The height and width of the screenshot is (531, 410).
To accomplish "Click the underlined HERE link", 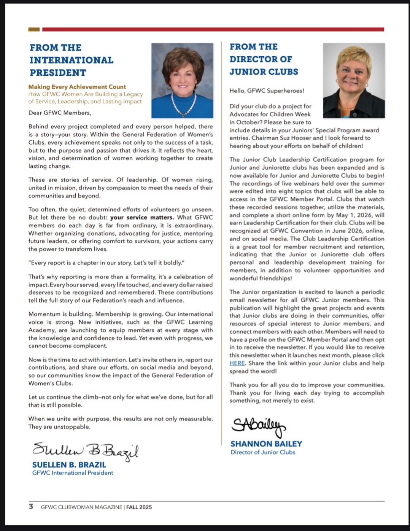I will [237, 363].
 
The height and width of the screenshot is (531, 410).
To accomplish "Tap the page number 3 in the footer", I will [31, 507].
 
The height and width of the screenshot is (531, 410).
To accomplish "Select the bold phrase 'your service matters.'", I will [142, 218].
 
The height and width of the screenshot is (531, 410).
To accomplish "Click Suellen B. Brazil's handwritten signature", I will [86, 450].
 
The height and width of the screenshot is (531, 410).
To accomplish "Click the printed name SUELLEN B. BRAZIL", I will [69, 465].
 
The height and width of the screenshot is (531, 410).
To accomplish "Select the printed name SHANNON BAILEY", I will [266, 444].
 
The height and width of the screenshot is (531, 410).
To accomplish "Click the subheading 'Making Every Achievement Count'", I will [77, 87].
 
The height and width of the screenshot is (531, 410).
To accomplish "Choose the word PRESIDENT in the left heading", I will [58, 73].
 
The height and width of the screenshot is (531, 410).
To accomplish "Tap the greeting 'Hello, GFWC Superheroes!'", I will [267, 91].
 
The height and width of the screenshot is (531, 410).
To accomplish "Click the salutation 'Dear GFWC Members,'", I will [60, 113].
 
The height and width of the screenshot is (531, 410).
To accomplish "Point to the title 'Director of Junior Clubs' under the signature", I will [263, 452].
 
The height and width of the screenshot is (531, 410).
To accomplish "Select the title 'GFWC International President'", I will [73, 473].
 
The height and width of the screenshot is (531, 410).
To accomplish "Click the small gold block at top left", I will [34, 29].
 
